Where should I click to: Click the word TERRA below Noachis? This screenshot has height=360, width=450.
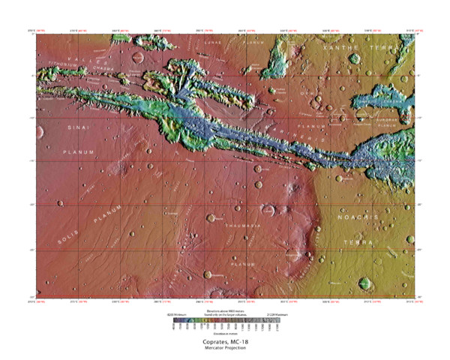coord(358,243)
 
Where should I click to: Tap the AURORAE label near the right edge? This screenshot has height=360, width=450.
coord(386,114)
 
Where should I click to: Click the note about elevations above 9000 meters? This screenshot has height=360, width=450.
coord(224,310)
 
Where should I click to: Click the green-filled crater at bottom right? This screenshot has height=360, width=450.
coord(365,283)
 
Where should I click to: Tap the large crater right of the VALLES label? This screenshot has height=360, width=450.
coord(138,55)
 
